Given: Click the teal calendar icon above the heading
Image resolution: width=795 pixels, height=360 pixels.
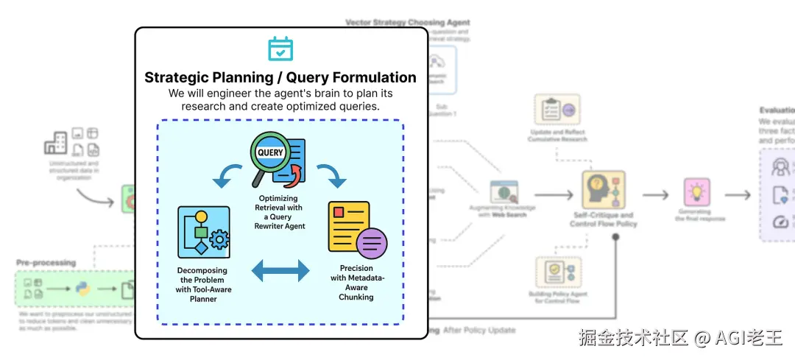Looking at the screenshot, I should pyautogui.click(x=280, y=49).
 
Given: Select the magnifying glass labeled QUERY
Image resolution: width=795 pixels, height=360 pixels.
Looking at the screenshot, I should pyautogui.click(x=269, y=156).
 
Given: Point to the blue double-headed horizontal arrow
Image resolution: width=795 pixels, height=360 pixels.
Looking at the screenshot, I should pyautogui.click(x=280, y=271).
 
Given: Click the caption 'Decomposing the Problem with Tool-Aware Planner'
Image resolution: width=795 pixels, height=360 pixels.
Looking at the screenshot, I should pyautogui.click(x=202, y=284).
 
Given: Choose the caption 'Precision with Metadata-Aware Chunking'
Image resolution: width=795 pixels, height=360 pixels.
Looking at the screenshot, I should pyautogui.click(x=356, y=283).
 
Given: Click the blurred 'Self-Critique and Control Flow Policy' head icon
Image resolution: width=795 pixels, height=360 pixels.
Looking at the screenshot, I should pyautogui.click(x=604, y=190).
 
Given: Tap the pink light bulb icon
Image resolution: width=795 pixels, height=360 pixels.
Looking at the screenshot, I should pyautogui.click(x=696, y=192).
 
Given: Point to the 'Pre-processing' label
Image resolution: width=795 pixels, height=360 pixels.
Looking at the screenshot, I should pyautogui.click(x=46, y=262).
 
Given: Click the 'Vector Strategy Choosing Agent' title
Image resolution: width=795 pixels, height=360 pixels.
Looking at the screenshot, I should pyautogui.click(x=407, y=23).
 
